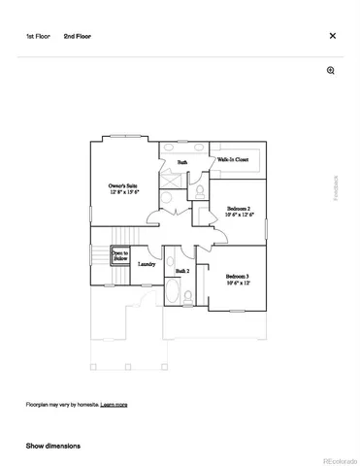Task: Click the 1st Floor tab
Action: tap(37, 35)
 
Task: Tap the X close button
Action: tap(333, 35)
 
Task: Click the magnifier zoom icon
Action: tap(331, 71)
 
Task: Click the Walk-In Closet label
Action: tap(233, 159)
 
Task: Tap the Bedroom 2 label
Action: tap(240, 209)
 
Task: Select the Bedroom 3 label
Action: tap(239, 277)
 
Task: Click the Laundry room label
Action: tap(147, 263)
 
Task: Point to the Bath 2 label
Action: tap(181, 272)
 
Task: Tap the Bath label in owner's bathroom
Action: tap(181, 161)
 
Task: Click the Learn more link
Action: tap(114, 404)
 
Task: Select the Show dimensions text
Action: tap(53, 446)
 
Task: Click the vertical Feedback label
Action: tap(337, 188)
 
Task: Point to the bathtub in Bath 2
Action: tap(171, 294)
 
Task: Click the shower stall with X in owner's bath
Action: tap(170, 181)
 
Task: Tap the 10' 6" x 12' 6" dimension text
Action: tap(240, 216)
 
